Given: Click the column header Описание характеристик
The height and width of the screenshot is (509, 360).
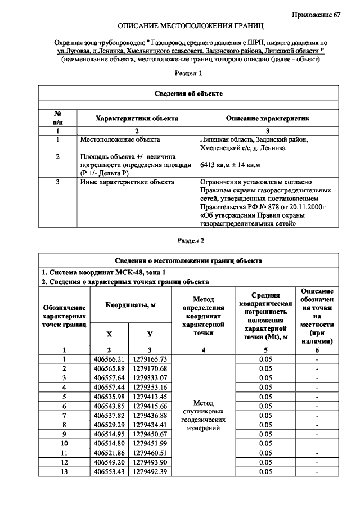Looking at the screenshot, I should coord(268,119).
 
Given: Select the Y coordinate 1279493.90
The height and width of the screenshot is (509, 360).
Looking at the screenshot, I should coord(150,462).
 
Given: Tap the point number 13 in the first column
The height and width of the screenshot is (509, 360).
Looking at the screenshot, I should coord(64,471).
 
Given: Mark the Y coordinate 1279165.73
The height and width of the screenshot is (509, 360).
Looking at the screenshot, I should coord(150,359).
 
